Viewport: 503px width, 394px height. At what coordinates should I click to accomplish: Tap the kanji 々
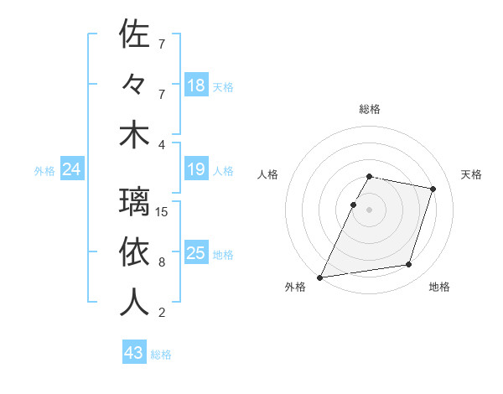[x=135, y=86]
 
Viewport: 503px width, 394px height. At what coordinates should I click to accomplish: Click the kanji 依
[x=135, y=252]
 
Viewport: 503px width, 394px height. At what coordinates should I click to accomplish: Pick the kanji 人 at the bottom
[x=135, y=303]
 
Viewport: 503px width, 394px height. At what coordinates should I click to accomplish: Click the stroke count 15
[x=162, y=212]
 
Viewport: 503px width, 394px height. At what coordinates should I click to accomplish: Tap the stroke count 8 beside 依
[x=162, y=262]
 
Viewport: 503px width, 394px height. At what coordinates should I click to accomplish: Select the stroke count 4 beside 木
[x=162, y=145]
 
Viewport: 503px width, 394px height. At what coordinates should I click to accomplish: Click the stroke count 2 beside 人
[x=162, y=313]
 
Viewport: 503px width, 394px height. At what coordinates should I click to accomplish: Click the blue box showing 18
[x=196, y=86]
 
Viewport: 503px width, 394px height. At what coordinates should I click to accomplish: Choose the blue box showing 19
[x=196, y=170]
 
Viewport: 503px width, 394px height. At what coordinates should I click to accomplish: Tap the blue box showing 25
[x=196, y=253]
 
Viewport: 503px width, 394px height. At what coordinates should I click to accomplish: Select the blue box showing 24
[x=72, y=170]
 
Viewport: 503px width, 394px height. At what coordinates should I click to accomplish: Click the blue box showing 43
[x=134, y=353]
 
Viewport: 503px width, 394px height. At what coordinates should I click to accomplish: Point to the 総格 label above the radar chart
[x=370, y=110]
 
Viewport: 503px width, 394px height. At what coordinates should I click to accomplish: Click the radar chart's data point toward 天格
[x=433, y=189]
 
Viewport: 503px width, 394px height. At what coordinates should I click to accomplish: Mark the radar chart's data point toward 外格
[x=319, y=277]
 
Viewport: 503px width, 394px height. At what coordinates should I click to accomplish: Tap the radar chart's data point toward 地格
[x=408, y=264]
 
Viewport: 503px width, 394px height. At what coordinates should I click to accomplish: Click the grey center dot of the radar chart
[x=370, y=210]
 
